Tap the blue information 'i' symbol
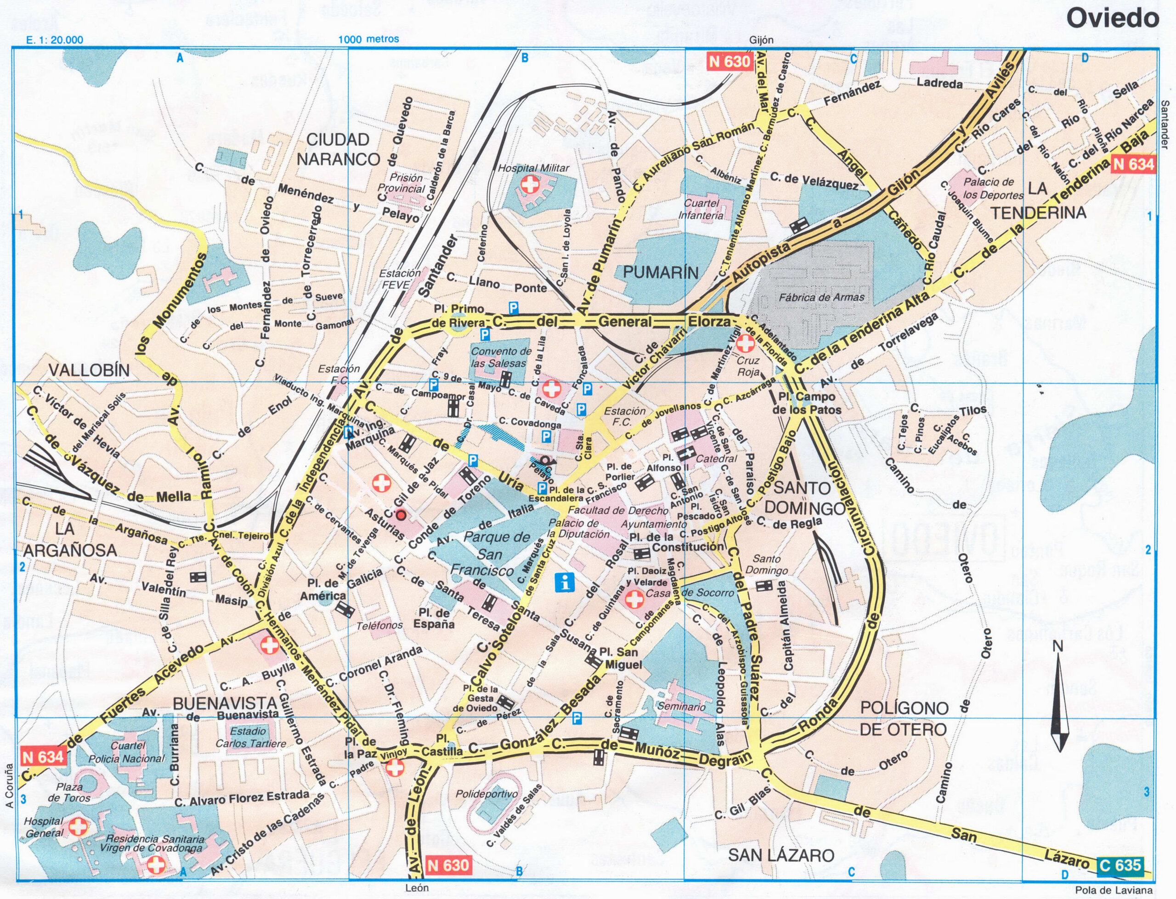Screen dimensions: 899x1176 coord(565,582)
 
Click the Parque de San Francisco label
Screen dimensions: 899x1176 coord(489,554)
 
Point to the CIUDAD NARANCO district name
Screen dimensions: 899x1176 coord(338,149)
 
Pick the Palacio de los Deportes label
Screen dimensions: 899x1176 coord(989,188)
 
